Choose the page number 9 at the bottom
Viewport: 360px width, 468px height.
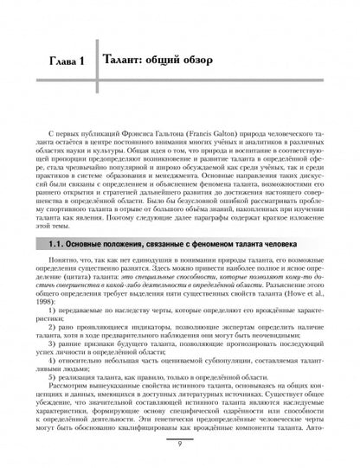click(x=180, y=446)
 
